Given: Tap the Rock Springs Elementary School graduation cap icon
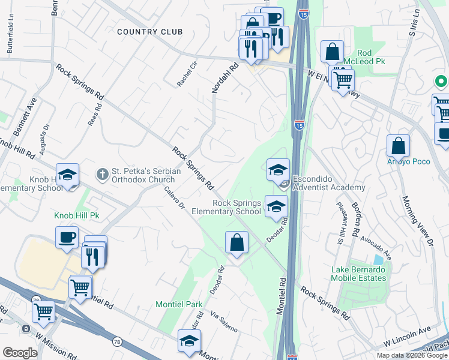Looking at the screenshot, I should point(276,206).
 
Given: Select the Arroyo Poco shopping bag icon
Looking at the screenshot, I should point(398,146).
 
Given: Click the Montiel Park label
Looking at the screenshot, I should point(179,304).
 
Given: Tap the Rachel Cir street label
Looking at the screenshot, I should point(187,73).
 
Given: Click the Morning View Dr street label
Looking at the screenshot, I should point(418,221).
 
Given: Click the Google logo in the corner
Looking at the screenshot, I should point(20,353).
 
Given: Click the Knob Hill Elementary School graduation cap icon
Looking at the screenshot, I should point(68,175).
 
